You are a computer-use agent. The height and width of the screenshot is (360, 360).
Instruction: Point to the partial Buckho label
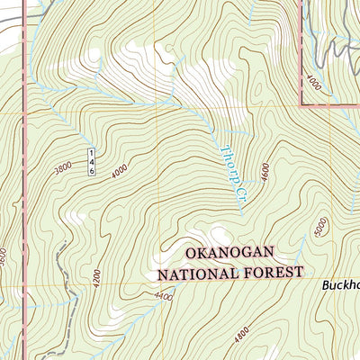click(x=341, y=285)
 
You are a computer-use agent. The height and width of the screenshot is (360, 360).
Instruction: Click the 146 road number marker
click(x=92, y=163)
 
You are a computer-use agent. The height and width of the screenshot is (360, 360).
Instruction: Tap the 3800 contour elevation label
click(x=62, y=168)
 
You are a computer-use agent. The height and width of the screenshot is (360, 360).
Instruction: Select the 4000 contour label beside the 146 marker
click(x=120, y=168)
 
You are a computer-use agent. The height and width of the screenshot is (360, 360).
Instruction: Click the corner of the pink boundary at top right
click(x=299, y=103)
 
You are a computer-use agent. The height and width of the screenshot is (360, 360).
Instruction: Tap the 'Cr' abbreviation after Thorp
click(x=239, y=193)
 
